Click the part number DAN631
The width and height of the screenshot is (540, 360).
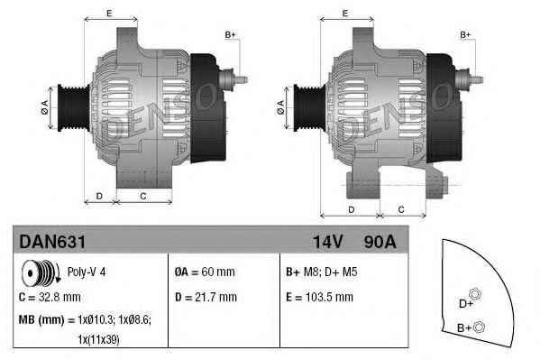52,242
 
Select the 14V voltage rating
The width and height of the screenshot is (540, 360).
327,242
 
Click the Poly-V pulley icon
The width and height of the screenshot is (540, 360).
39,272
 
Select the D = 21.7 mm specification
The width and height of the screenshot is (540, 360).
205,296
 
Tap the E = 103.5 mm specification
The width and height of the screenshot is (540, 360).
328,296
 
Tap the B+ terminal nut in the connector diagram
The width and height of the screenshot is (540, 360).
480,327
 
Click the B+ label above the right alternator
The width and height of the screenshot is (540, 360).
466,34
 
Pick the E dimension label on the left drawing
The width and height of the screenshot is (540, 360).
109,13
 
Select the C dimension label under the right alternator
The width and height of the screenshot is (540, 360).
400,208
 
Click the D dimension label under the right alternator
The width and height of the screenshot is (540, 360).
350,208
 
